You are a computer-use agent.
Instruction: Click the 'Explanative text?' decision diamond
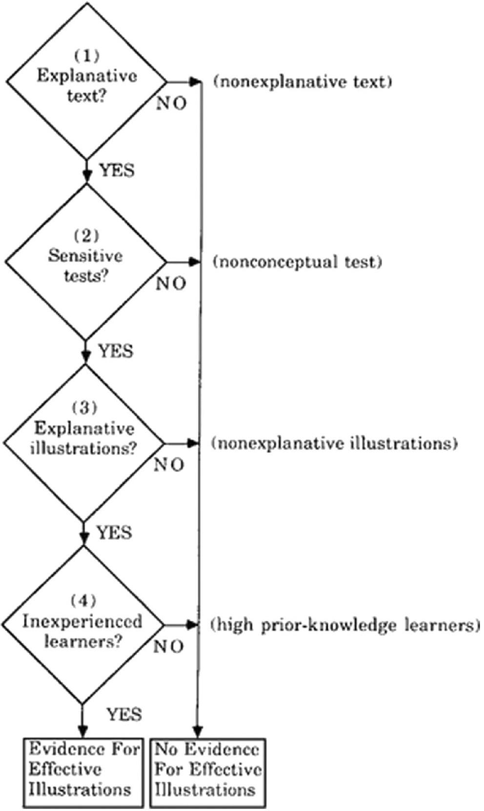click(87, 81)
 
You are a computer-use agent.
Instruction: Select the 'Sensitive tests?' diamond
click(86, 262)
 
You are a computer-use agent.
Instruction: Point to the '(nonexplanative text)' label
click(303, 81)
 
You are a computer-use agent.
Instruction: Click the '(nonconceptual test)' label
click(297, 262)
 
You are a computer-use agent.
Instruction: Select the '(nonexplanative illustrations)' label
click(334, 444)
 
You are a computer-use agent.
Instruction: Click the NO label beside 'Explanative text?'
click(171, 103)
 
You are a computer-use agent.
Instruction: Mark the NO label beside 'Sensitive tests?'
click(171, 284)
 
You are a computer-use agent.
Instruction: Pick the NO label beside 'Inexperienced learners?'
click(168, 647)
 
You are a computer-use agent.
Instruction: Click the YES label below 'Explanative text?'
click(117, 170)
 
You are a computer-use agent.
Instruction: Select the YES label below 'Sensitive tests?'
click(116, 351)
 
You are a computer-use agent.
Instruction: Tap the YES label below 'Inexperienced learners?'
click(124, 714)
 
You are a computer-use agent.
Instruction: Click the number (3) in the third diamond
click(85, 407)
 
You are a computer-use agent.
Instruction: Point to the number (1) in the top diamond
click(86, 56)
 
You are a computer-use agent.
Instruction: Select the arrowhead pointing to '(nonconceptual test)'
click(195, 262)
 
